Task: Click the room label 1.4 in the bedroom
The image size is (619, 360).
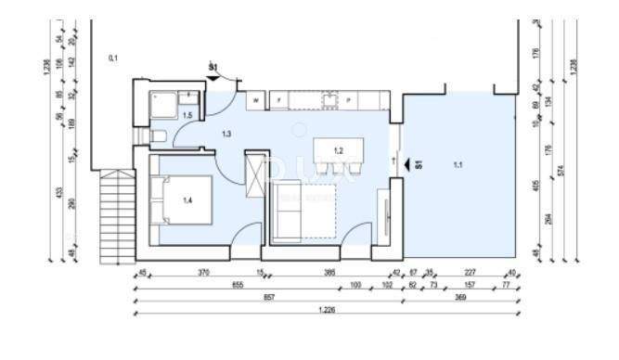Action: click(187, 199)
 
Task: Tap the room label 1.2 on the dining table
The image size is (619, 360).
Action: click(339, 150)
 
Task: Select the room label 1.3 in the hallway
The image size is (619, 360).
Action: click(226, 135)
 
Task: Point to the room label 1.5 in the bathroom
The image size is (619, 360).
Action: click(187, 115)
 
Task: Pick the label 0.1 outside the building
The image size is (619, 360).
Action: click(113, 58)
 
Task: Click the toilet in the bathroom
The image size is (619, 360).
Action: click(157, 138)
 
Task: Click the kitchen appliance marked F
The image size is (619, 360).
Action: click(279, 97)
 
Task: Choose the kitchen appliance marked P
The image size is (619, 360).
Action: click(348, 97)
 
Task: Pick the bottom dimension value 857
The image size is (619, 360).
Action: click(268, 299)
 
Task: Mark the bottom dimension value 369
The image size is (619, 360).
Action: click(460, 299)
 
